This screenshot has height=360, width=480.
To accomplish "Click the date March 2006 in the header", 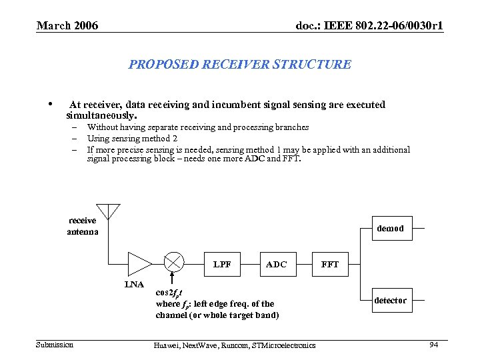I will click(67, 26).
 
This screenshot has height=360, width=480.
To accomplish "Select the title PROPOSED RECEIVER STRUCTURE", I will click(239, 65).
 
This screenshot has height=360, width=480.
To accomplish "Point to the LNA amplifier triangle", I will click(139, 263).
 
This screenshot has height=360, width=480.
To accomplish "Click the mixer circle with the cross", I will click(173, 263).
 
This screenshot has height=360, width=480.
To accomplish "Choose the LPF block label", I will click(223, 264).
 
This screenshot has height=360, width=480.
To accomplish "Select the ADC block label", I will click(276, 264).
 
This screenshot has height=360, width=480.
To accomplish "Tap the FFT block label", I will click(330, 264).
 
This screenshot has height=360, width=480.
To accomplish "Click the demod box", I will click(390, 228).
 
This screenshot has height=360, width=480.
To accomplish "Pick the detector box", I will click(390, 300).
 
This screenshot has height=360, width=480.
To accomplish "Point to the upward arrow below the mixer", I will click(173, 280).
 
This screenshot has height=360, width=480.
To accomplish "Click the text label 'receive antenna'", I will click(83, 226).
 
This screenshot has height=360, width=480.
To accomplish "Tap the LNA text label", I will click(135, 285).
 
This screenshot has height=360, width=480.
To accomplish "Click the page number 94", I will click(434, 344).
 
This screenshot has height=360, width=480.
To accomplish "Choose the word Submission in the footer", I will click(55, 344).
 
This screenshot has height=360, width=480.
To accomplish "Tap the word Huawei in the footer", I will click(165, 345).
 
